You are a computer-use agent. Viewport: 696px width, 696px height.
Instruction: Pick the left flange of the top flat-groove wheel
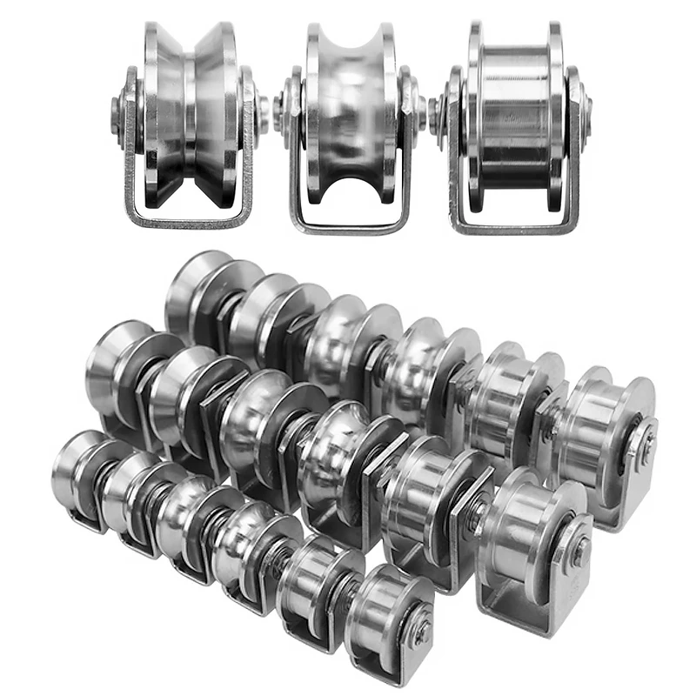[x=475, y=113]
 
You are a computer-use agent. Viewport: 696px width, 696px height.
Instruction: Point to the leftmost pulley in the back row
[x=196, y=296]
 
